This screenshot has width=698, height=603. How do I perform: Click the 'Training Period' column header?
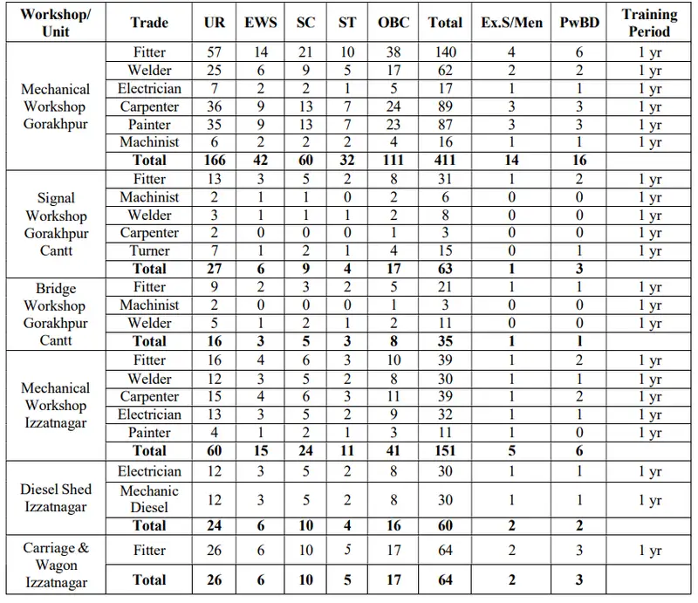(x=649, y=23)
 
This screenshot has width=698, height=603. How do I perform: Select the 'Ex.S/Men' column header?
(x=511, y=23)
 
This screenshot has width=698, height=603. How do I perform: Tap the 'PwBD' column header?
(x=579, y=23)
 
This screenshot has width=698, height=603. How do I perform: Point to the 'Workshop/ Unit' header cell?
(x=54, y=23)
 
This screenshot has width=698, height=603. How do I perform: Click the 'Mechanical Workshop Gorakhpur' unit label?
(x=54, y=106)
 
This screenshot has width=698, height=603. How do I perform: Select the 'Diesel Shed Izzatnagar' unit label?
(x=54, y=498)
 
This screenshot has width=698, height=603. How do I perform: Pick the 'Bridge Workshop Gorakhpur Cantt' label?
(x=54, y=314)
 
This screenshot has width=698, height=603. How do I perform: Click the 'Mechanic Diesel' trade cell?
(x=149, y=499)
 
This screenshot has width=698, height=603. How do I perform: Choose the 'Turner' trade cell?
(x=149, y=251)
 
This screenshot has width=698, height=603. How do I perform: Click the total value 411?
(x=445, y=161)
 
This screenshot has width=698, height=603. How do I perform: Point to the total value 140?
(x=445, y=52)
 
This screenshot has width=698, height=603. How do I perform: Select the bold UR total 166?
(x=214, y=161)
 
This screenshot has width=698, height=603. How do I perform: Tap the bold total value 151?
(x=445, y=451)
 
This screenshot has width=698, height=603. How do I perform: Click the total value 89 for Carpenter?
(x=445, y=106)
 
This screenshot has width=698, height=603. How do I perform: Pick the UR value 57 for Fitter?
(x=214, y=52)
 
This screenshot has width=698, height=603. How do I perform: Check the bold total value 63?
(x=445, y=269)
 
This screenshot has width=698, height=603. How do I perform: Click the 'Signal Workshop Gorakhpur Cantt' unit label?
(x=54, y=224)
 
